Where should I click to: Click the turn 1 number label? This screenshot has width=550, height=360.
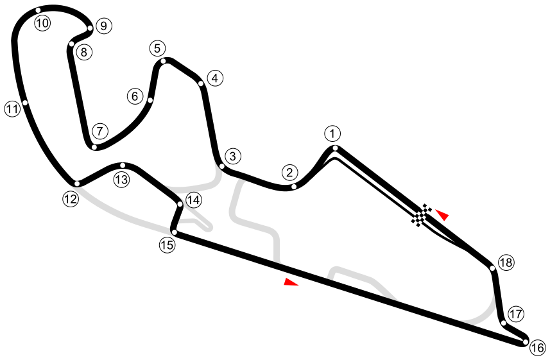tap(332, 134)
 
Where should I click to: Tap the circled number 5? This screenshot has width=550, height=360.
tap(157, 48)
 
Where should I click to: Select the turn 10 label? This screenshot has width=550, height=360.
tap(42, 24)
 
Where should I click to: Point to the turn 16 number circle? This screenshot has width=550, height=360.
tap(537, 348)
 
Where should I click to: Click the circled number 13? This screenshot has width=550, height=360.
tap(122, 180)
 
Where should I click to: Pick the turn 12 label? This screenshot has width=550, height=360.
tap(71, 199)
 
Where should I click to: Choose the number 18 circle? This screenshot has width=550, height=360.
tap(506, 262)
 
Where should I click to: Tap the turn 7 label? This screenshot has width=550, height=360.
tap(99, 132)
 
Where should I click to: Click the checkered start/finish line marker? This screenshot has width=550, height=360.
tap(422, 216)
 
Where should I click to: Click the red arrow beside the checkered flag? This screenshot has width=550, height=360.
tap(442, 214)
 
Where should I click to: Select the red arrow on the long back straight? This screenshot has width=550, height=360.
tap(291, 282)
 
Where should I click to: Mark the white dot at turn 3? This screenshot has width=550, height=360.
tap(221, 167)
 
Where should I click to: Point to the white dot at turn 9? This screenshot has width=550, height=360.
tap(90, 28)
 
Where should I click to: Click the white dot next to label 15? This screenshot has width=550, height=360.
tap(174, 232)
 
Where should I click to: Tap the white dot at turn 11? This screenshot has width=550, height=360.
tap(25, 103)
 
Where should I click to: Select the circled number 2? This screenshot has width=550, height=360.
tap(290, 172)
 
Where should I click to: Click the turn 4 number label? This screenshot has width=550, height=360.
tap(215, 78)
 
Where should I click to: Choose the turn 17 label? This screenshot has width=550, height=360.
tap(515, 314)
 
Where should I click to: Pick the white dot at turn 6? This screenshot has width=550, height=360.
tap(150, 100)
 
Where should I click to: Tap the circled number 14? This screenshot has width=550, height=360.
tap(193, 200)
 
